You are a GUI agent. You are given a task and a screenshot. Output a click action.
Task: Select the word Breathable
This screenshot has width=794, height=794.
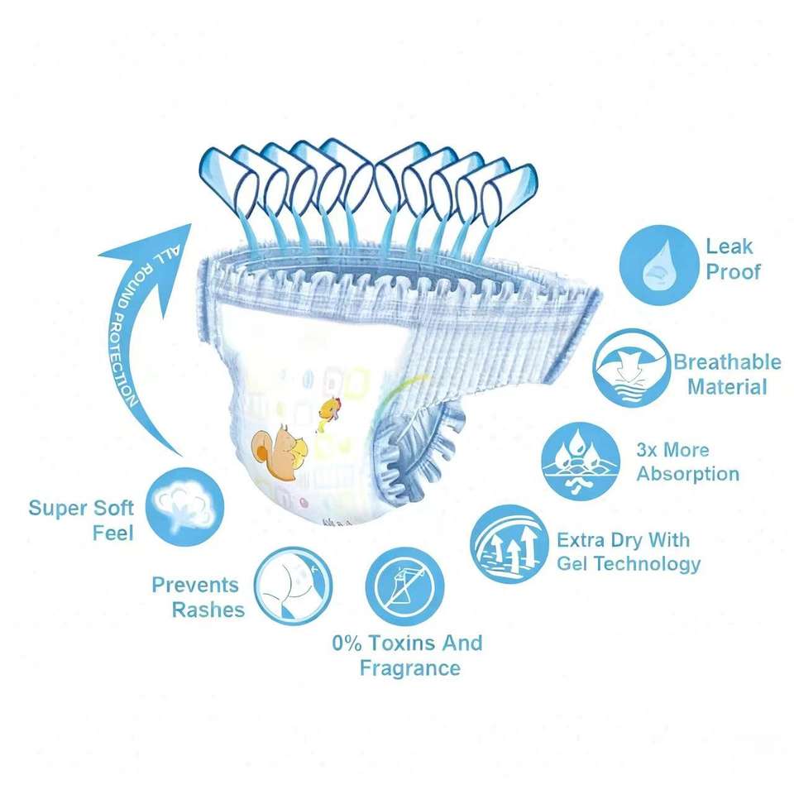727,362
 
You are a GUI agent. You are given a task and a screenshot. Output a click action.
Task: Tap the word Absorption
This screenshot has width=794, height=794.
687,474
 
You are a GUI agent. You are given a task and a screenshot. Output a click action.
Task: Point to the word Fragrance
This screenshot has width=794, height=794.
409,667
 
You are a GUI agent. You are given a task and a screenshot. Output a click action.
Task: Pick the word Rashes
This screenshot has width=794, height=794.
208,610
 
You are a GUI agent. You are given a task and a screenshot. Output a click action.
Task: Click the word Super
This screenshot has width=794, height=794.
58,507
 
